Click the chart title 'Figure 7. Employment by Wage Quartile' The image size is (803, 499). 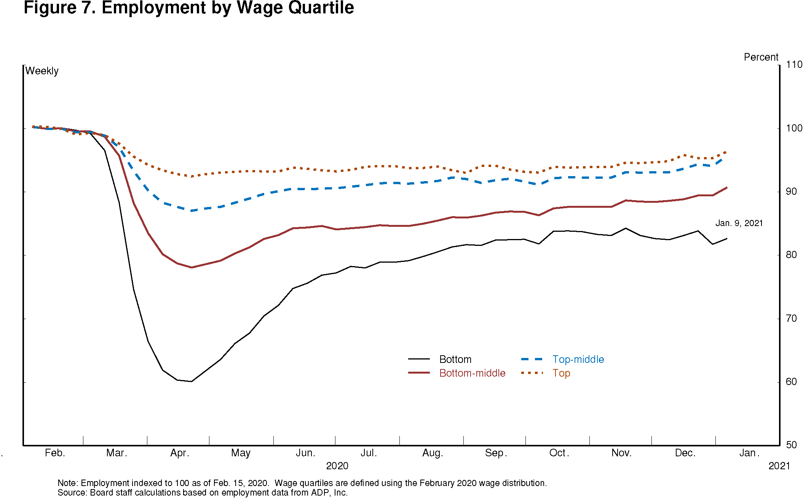point(189,8)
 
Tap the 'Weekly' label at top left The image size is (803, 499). point(42,71)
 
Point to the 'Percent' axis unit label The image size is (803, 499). point(761,57)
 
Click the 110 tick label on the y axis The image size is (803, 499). point(794,64)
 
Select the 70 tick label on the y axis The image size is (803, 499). point(791,318)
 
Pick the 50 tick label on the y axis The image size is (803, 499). point(791,445)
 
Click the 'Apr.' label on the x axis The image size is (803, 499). point(179,453)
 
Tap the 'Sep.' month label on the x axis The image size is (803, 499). point(496,453)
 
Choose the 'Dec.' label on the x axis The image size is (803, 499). point(685,453)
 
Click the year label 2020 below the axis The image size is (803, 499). point(337,466)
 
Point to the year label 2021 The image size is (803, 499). point(779,466)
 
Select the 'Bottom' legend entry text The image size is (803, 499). point(455,359)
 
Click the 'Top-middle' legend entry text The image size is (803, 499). point(578,359)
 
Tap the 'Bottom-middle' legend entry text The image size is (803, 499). point(472,373)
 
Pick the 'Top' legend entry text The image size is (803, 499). point(561,373)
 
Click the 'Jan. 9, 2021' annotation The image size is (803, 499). point(739,223)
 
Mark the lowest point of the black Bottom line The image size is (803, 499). point(192,381)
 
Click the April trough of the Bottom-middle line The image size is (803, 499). point(192,268)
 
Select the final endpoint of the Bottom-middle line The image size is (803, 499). point(727,188)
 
